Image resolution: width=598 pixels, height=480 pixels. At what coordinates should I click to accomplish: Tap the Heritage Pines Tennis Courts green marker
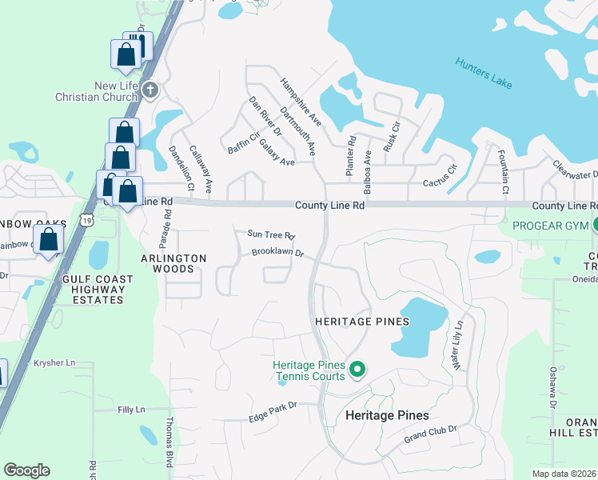tap(357, 370)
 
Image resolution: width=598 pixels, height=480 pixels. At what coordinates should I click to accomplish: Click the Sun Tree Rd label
tap(271, 235)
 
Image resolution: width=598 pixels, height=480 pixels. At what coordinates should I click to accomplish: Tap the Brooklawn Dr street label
tap(277, 253)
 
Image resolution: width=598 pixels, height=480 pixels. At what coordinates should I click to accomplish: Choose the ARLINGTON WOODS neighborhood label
tap(173, 263)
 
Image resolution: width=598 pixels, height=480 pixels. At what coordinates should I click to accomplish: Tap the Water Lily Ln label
tap(458, 345)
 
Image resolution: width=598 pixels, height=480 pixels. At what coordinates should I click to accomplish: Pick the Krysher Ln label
tap(54, 362)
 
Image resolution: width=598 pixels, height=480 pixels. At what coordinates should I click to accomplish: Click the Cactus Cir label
tap(441, 170)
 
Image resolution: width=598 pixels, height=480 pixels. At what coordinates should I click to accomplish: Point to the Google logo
tap(26, 470)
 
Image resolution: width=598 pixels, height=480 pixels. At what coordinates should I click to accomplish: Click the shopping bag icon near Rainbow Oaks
tap(49, 239)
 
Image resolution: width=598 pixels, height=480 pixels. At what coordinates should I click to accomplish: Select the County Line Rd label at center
tap(329, 205)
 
